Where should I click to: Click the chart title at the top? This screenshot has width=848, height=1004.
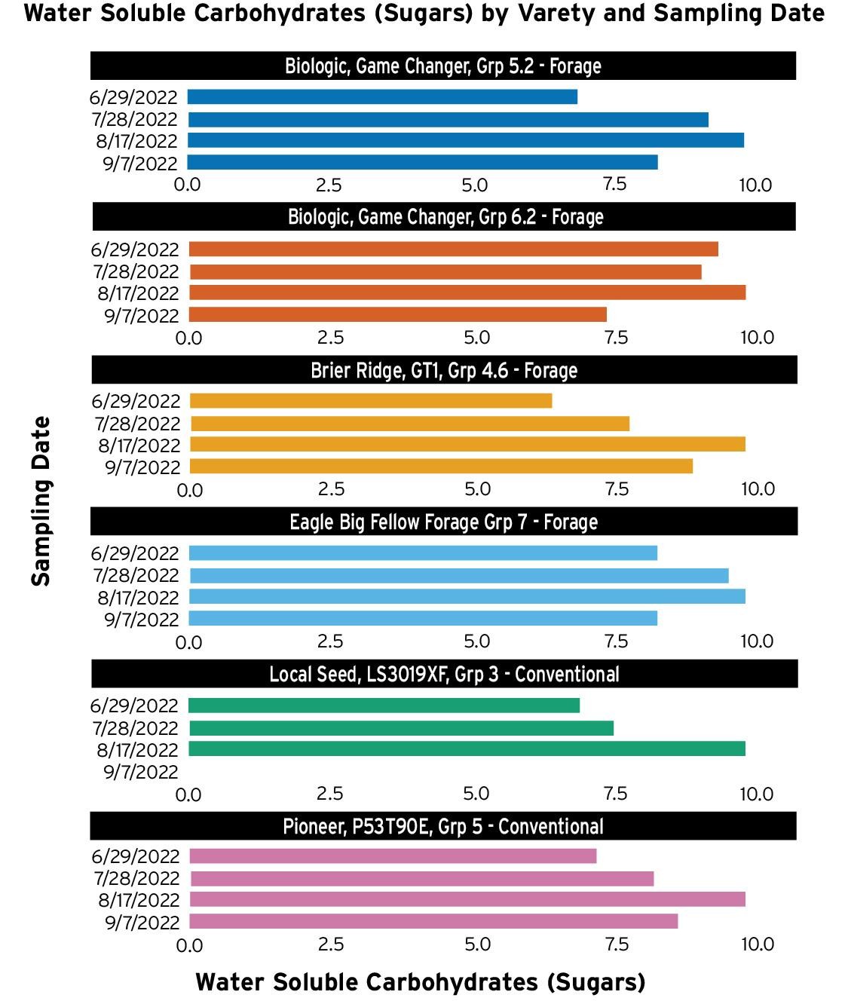(x=424, y=14)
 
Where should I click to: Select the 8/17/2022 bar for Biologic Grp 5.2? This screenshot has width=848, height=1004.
(x=465, y=140)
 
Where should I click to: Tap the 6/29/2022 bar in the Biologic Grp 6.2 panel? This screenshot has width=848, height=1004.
(x=453, y=249)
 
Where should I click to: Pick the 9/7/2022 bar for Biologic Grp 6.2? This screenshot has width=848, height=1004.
(x=397, y=314)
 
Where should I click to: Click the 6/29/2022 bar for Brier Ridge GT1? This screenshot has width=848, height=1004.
(x=370, y=400)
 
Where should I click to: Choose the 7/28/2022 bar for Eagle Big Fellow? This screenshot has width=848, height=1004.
(x=459, y=575)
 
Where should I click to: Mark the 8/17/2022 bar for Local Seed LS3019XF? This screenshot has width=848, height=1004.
(x=467, y=748)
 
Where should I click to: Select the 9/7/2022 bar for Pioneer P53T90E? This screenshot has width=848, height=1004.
(x=433, y=921)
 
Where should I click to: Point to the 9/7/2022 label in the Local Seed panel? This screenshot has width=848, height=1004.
(x=141, y=772)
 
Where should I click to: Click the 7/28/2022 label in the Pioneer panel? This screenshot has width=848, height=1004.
(x=137, y=878)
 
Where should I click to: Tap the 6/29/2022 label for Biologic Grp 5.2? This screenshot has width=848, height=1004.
(x=133, y=97)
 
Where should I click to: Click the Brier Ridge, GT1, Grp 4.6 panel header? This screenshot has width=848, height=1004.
(x=444, y=370)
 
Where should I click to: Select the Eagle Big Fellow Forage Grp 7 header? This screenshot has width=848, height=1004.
(x=444, y=522)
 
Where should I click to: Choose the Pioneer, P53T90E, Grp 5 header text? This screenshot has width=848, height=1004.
(x=443, y=826)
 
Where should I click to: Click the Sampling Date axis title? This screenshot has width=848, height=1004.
(x=41, y=501)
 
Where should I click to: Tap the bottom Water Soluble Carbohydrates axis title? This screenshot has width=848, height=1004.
(x=421, y=982)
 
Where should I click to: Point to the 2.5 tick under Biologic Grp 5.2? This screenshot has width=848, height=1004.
(x=329, y=185)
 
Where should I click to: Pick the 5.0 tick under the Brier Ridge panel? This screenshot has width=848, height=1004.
(x=478, y=489)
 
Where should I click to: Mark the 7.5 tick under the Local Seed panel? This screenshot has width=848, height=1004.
(x=616, y=793)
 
